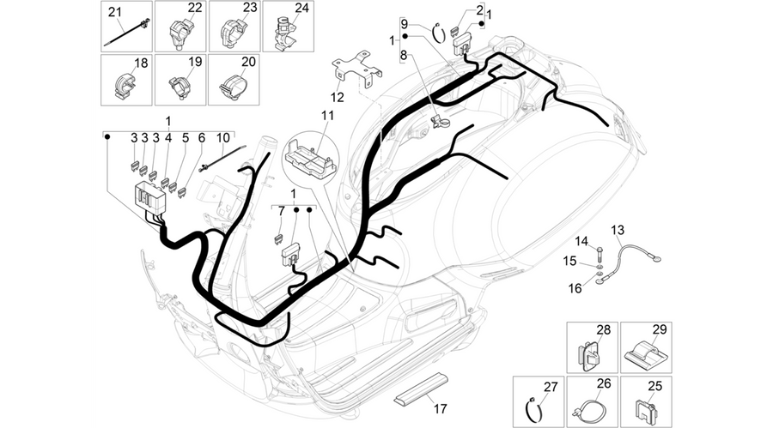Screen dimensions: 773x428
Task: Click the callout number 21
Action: click(x=115, y=11)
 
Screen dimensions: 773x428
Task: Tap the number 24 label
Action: click(x=301, y=8)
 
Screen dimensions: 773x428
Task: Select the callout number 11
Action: click(x=328, y=116)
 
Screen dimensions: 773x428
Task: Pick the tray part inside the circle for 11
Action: click(x=309, y=157)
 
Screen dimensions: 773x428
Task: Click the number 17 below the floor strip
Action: click(x=441, y=408)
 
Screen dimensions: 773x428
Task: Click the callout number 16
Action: click(x=575, y=288)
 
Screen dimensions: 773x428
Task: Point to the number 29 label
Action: click(x=660, y=329)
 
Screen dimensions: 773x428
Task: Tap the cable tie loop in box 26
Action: click(x=590, y=410)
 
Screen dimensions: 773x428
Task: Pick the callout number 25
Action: click(x=654, y=386)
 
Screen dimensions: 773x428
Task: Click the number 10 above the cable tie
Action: click(x=222, y=137)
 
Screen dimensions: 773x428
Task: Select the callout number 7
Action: click(x=282, y=211)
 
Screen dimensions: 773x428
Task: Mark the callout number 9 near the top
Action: click(x=405, y=23)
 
